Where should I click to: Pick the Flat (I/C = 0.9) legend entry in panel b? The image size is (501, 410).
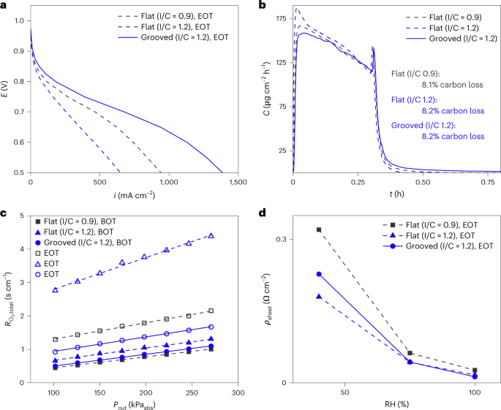tap(458, 16)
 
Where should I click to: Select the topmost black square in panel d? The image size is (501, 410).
tap(319, 229)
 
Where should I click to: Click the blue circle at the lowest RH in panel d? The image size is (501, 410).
tap(319, 274)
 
